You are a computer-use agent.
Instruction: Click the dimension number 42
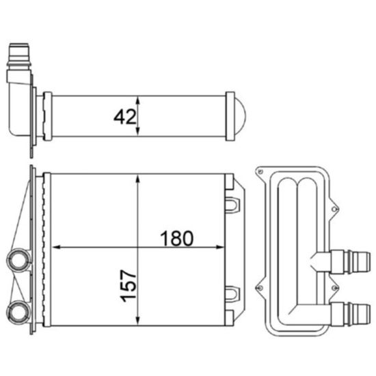[x=125, y=118]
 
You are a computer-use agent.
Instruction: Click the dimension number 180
[x=177, y=238]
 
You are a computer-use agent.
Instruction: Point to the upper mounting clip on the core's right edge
[x=233, y=204]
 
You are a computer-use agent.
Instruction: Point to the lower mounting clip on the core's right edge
[x=233, y=293]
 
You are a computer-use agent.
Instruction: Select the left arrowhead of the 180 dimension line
[x=57, y=247]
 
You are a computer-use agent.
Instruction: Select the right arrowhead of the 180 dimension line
[x=221, y=247]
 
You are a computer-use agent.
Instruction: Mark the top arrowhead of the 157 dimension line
[x=139, y=178]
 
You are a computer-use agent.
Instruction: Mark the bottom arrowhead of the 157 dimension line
[x=139, y=321]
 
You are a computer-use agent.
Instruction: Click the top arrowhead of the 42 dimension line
[x=139, y=98]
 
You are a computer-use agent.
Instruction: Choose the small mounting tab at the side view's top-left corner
[x=260, y=170]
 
